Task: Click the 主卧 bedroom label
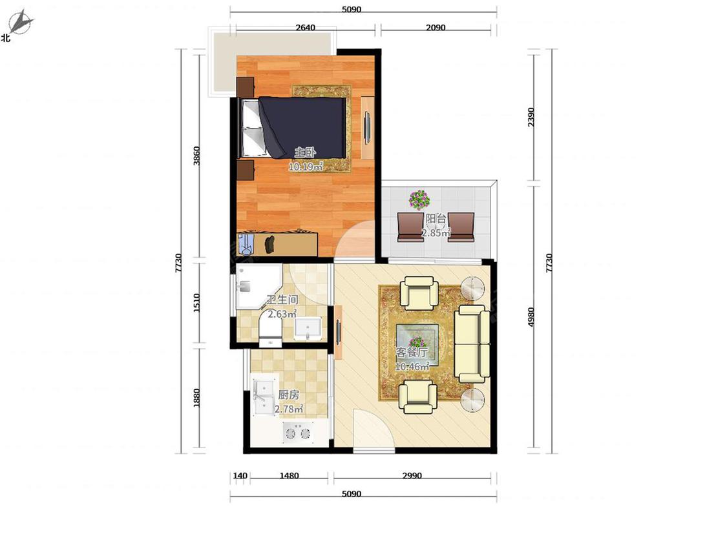coord(306,152)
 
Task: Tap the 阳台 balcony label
coord(436,218)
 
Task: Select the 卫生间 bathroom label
coord(282,300)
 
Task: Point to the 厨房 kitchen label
coord(288,395)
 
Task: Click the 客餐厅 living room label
coord(412,352)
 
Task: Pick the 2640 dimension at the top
coord(306,27)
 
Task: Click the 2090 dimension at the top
coord(436,27)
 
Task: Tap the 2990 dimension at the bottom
coord(412,475)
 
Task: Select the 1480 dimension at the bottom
coord(289,475)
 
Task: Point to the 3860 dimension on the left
coord(196,156)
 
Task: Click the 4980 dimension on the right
coord(531,316)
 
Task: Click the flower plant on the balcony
coord(419,200)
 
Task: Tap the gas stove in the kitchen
coord(298,433)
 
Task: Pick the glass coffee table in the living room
coord(417,343)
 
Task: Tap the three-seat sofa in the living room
coord(472,344)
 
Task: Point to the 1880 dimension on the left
coord(196,398)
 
